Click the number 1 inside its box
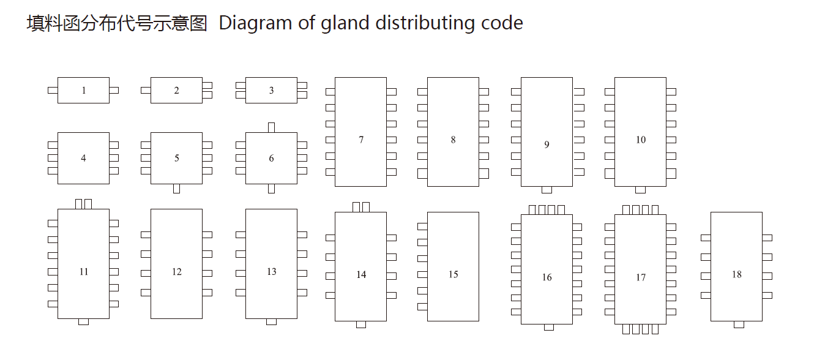(83, 91)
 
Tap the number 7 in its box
(361, 140)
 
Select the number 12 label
(176, 272)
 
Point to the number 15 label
(453, 274)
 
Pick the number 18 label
(736, 274)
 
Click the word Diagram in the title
(255, 23)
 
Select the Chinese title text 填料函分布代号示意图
(118, 23)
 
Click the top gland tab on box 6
(271, 127)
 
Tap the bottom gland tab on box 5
(176, 189)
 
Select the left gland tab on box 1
(53, 91)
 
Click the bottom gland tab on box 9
(547, 190)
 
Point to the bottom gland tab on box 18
(739, 324)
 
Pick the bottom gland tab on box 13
(271, 322)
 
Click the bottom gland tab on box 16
(548, 328)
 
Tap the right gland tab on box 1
(114, 91)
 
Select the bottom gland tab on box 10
(640, 190)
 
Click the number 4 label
(83, 158)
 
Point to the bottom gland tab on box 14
(361, 324)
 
